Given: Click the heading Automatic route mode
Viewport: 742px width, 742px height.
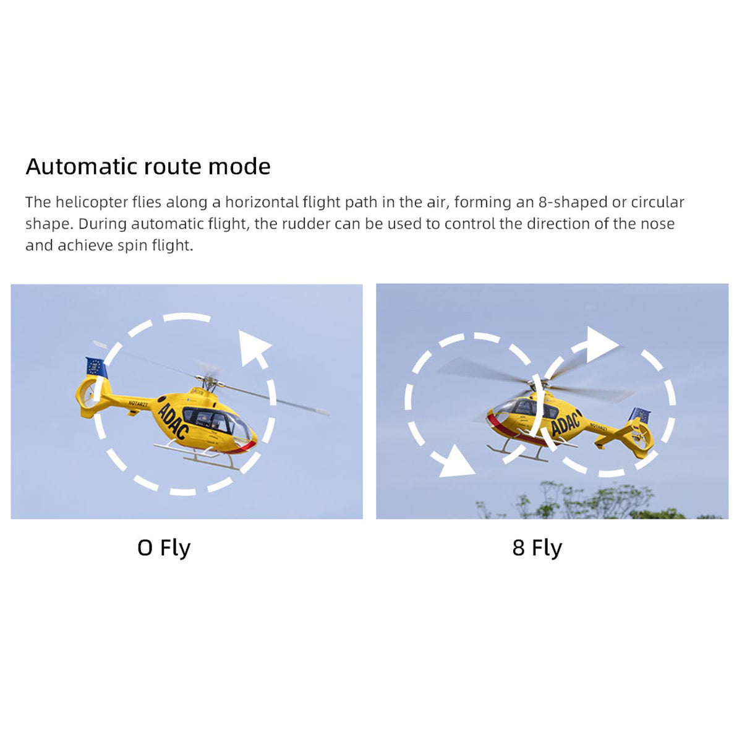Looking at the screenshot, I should [148, 166].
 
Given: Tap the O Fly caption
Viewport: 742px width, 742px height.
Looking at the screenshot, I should [164, 548].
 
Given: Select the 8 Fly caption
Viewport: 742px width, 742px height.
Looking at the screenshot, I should [537, 548].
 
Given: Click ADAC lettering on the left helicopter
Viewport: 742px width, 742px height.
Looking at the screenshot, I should [173, 420].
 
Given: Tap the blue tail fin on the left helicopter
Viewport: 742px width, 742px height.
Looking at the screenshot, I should [96, 367].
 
